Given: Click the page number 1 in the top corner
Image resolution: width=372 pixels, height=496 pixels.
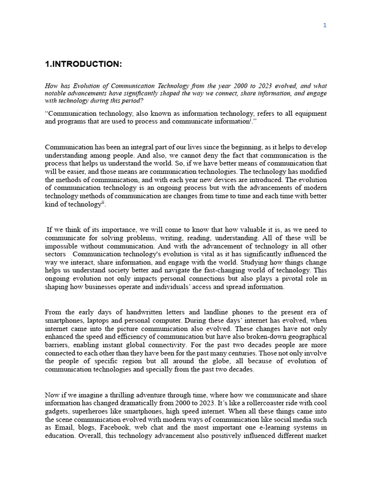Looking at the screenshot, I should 325,25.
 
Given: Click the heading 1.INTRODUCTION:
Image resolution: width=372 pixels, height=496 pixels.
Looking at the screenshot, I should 83,63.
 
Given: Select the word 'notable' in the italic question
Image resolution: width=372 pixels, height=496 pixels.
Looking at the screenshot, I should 56,93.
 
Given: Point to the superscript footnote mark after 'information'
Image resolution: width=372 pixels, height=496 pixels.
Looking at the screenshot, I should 250,120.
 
